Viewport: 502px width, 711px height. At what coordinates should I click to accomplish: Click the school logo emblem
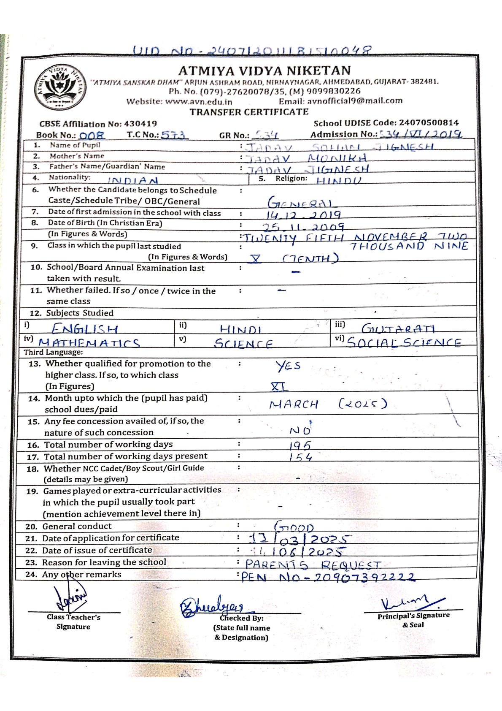pos(59,87)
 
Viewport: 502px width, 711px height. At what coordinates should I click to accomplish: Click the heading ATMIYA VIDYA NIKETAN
pos(264,70)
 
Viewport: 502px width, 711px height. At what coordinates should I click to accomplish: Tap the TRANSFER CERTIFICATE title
pos(249,112)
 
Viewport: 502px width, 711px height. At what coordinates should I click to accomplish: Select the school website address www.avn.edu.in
pos(198,101)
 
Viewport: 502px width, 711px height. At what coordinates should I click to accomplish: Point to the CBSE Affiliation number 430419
pos(140,124)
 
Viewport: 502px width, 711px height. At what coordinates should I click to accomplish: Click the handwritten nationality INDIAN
pos(132,181)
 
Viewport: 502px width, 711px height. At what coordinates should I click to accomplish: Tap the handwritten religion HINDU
pos(339,180)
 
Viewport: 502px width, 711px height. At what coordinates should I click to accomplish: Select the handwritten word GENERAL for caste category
pos(300,204)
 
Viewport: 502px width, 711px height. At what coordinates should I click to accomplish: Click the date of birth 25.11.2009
pos(302,227)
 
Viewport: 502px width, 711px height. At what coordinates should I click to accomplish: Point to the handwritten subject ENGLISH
pos(85,329)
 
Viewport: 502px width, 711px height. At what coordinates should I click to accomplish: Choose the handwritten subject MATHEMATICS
pos(89,343)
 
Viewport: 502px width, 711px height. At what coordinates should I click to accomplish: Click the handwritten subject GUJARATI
pos(399,328)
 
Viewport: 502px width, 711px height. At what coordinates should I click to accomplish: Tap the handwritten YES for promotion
pos(289,366)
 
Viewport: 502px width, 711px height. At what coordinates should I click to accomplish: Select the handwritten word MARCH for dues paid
pos(294,404)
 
